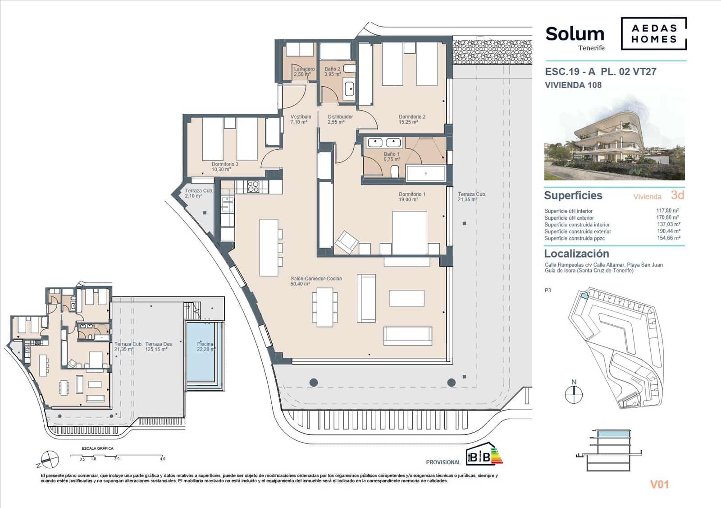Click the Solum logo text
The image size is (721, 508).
[x=575, y=34]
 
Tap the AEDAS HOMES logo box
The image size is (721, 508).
[x=654, y=33]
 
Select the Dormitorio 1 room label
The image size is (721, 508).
[x=412, y=194]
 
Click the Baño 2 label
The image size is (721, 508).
[x=333, y=69]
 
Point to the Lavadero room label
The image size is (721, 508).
[x=304, y=69]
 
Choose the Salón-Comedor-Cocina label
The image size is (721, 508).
[x=316, y=279]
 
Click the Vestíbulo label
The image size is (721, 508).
[x=301, y=117]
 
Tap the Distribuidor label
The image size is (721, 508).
[x=340, y=117]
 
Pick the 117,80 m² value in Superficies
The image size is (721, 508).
[x=667, y=210]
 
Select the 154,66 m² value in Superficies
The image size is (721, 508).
[x=669, y=238]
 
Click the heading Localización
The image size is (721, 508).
[x=576, y=254]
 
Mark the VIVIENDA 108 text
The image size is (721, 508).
[x=573, y=85]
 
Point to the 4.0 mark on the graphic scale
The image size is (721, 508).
[x=163, y=459]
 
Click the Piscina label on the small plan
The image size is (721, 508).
[x=205, y=344]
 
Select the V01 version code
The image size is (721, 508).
[x=659, y=485]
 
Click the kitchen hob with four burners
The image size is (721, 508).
[x=253, y=186]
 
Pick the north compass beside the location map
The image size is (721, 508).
[x=574, y=393]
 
